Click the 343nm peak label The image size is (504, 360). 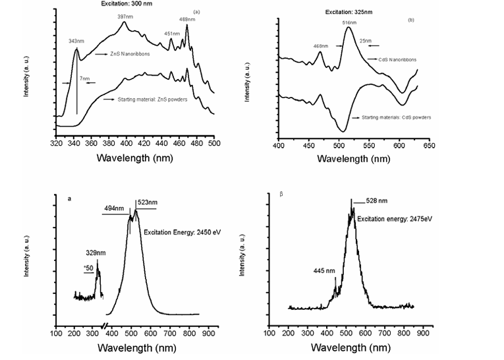(x=76, y=42)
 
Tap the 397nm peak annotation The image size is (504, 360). (x=126, y=16)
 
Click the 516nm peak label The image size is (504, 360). (x=349, y=22)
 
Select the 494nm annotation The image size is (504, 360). (x=112, y=209)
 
